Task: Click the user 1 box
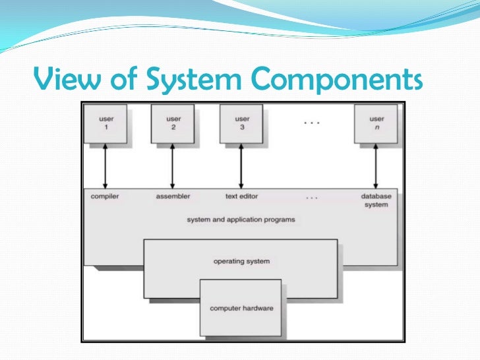[x=105, y=124]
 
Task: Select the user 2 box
[x=173, y=124]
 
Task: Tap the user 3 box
[x=241, y=124]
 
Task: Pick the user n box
[x=376, y=124]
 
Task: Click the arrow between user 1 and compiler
[x=105, y=166]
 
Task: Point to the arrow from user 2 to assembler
[x=172, y=166]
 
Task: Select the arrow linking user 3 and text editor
[x=241, y=166]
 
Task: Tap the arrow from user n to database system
[x=376, y=166]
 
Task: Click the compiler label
[x=105, y=196]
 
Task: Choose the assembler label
[x=173, y=196]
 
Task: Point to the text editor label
[x=241, y=196]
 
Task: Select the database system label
[x=376, y=200]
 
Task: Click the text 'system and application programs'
[x=241, y=220]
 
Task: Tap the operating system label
[x=241, y=261]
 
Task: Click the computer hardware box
[x=241, y=308]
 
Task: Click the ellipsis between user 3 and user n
[x=312, y=123]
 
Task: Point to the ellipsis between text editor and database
[x=312, y=198]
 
